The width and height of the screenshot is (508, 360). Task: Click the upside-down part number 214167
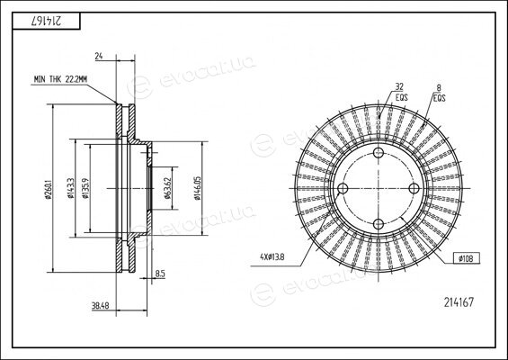pyautogui.click(x=47, y=21)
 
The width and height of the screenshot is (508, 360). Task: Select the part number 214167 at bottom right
pyautogui.click(x=459, y=302)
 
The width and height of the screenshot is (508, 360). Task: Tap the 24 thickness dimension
pyautogui.click(x=99, y=56)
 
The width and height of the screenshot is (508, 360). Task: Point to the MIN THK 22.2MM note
pyautogui.click(x=60, y=79)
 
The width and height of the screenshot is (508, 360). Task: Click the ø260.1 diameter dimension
pyautogui.click(x=49, y=188)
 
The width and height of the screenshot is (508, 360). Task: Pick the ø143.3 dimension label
pyautogui.click(x=71, y=188)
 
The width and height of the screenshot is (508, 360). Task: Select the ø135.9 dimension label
pyautogui.click(x=85, y=188)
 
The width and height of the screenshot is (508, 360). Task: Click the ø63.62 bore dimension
pyautogui.click(x=167, y=188)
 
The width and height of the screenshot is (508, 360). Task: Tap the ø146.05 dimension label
pyautogui.click(x=198, y=188)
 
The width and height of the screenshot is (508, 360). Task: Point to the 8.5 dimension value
pyautogui.click(x=160, y=274)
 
